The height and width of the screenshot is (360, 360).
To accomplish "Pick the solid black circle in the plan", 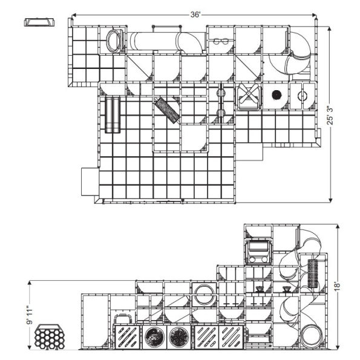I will [x=278, y=95].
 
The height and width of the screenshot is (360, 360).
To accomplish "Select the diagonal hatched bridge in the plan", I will [x=167, y=110].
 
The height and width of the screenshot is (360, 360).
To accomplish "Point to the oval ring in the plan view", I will [x=114, y=41].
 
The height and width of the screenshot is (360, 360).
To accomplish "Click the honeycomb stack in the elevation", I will [x=51, y=336].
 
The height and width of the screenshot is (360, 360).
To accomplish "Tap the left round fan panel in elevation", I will [x=155, y=336].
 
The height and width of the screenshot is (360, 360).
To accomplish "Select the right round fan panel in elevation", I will [x=178, y=336].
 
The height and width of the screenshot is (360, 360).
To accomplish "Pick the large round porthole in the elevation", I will [x=204, y=295].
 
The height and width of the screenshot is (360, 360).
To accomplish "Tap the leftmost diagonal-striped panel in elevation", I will [x=128, y=336].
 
